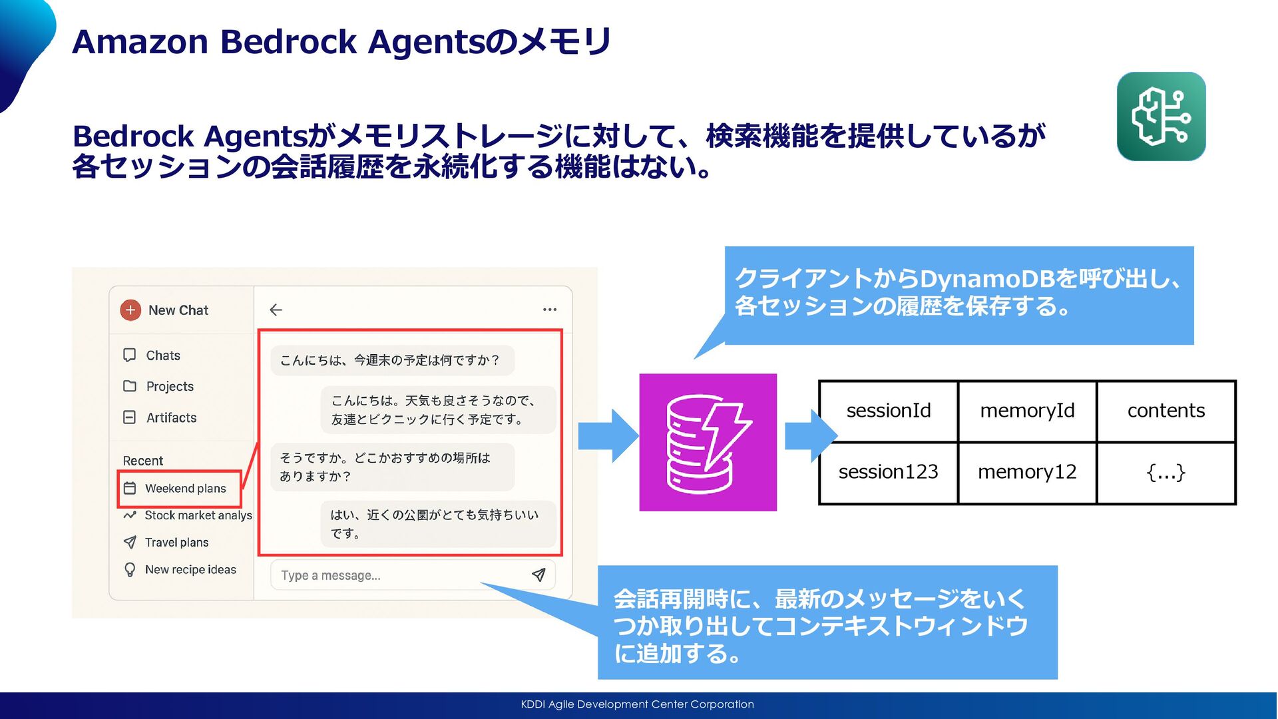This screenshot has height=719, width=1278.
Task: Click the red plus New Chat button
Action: click(130, 310)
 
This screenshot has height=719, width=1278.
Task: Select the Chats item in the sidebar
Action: click(162, 356)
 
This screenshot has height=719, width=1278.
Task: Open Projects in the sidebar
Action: click(169, 387)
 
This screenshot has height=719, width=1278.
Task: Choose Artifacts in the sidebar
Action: click(171, 418)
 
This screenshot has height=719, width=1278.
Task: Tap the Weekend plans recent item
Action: click(184, 489)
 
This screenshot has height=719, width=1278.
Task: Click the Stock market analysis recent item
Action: click(198, 515)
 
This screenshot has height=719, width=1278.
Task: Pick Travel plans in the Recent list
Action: click(176, 543)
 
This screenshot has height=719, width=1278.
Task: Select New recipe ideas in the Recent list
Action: click(190, 570)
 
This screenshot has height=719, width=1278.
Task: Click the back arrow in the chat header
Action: click(276, 310)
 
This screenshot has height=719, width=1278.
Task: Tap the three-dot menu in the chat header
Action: click(550, 310)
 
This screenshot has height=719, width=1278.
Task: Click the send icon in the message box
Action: click(538, 575)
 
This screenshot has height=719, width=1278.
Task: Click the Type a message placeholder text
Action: click(331, 576)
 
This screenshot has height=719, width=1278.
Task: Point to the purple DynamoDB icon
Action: click(708, 443)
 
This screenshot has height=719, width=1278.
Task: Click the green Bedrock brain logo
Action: click(1161, 117)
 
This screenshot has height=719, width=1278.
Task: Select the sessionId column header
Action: click(889, 411)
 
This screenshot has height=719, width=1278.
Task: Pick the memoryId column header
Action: click(1027, 411)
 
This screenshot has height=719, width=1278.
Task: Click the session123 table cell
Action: click(889, 472)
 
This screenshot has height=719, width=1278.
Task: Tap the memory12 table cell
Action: click(1027, 472)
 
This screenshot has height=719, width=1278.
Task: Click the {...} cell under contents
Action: click(1166, 472)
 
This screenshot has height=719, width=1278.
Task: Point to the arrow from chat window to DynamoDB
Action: click(608, 436)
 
